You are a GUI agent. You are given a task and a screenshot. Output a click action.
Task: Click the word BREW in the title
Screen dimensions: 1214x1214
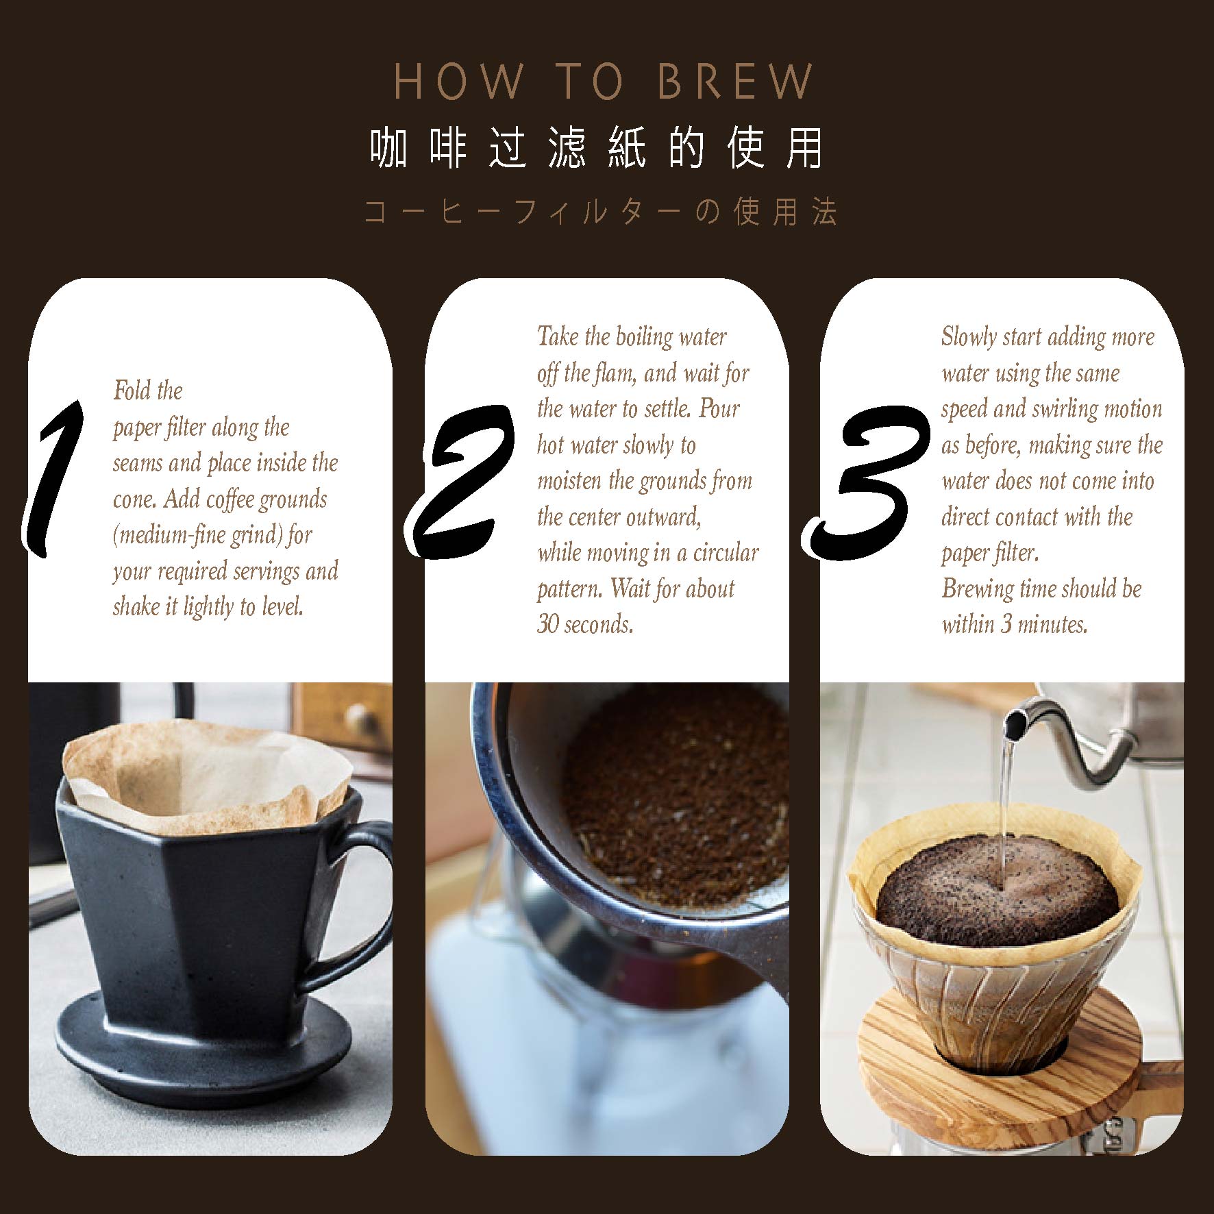(x=736, y=82)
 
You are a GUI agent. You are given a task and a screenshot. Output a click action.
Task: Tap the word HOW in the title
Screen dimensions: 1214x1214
(x=458, y=82)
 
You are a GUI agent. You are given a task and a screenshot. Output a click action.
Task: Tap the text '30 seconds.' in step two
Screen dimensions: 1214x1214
(x=585, y=624)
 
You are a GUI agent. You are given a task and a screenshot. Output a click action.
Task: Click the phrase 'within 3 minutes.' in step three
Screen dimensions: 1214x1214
(x=1015, y=624)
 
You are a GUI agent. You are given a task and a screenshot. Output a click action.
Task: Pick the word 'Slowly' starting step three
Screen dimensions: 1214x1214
(x=968, y=337)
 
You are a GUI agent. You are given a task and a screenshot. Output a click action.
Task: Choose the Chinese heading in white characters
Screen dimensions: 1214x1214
(x=596, y=149)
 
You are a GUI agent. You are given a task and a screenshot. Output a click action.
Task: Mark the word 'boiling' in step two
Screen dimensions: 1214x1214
(x=644, y=337)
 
